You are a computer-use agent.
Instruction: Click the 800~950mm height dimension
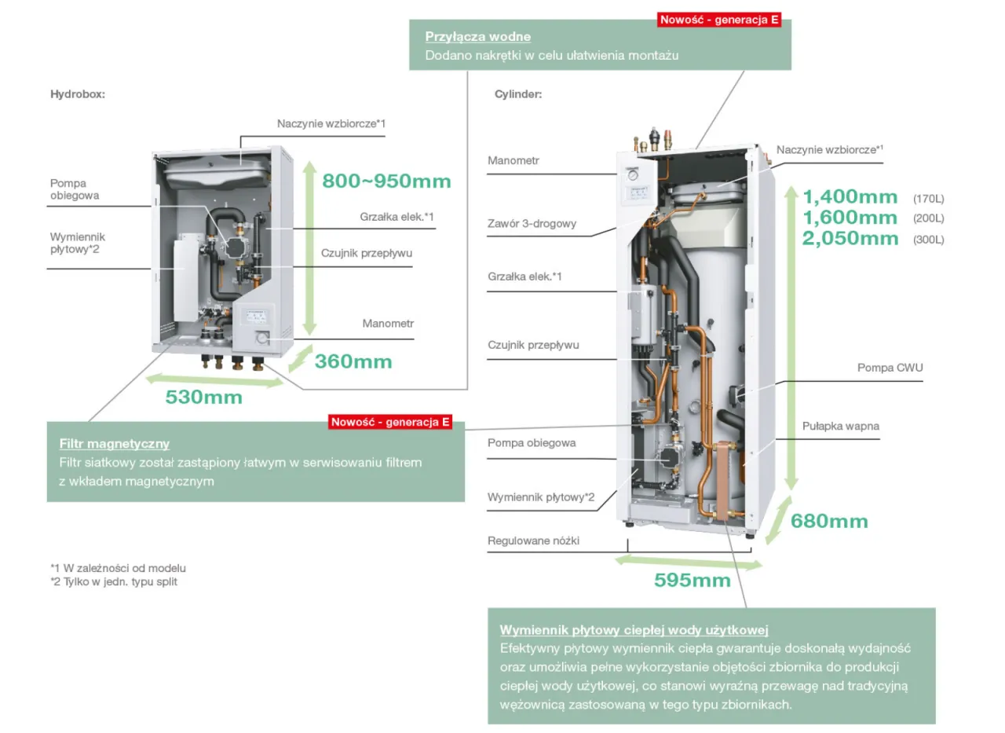386,181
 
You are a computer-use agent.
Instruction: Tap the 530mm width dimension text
203,397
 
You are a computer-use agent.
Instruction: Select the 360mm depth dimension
353,361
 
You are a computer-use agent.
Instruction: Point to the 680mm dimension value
828,521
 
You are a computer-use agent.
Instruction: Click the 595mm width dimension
692,580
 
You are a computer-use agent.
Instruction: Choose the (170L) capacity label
928,198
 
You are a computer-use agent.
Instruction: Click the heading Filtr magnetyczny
115,444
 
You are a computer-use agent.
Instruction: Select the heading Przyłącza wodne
477,36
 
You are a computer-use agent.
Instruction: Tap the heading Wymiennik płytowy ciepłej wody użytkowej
634,630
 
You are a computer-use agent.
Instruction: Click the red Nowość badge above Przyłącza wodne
719,20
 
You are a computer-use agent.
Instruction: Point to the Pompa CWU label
890,368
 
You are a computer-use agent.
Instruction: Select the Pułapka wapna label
840,426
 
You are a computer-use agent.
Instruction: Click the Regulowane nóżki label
533,541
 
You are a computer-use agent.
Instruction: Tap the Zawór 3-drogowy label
532,223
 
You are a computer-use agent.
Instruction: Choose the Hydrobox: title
78,93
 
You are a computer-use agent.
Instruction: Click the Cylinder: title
518,94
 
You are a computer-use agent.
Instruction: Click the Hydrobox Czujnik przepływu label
366,253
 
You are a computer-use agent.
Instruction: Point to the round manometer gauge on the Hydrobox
261,339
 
